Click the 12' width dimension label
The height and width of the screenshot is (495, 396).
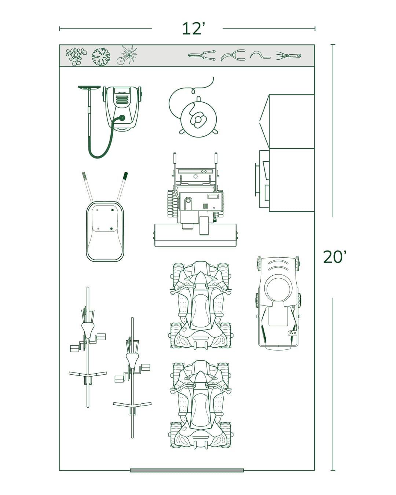coord(193,29)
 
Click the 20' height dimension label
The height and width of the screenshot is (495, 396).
coord(334,257)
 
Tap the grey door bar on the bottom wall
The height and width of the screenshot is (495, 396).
coord(187,470)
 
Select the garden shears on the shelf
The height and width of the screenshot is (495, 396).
coord(202,56)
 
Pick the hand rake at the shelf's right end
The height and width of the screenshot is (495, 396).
coord(289,56)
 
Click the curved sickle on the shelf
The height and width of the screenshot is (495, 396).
coord(260,56)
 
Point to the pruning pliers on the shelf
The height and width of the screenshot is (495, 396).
coord(233,56)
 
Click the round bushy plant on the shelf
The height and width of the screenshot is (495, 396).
coord(101,57)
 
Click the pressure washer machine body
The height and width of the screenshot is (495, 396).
coord(122,106)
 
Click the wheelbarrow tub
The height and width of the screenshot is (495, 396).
coord(105,231)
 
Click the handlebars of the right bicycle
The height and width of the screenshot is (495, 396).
coord(132,405)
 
